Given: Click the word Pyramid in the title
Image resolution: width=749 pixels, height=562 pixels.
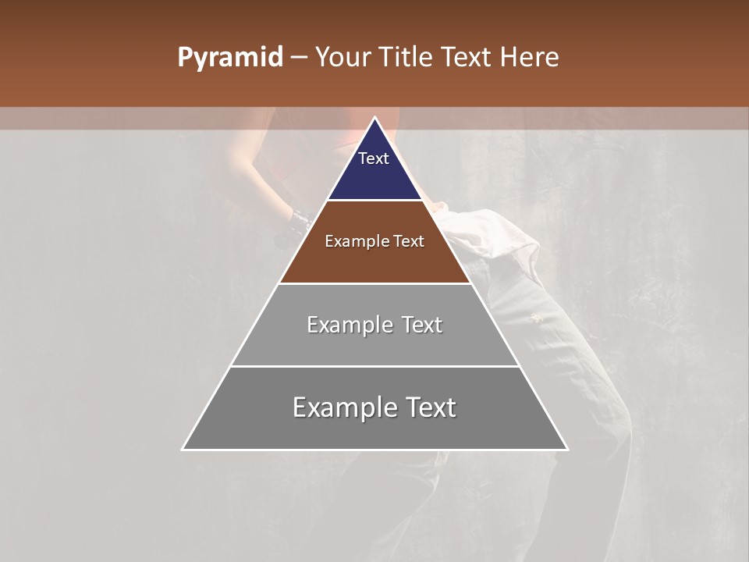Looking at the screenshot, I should [229, 58].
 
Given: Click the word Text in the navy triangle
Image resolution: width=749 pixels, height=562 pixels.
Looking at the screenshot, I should [374, 158].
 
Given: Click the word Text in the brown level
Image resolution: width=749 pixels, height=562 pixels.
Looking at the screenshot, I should [409, 241].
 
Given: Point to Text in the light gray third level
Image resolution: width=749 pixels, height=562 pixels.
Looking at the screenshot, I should [422, 325].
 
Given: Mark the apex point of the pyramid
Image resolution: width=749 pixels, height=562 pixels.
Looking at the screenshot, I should [374, 119].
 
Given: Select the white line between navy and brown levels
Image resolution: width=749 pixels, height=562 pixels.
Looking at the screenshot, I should [374, 201].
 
